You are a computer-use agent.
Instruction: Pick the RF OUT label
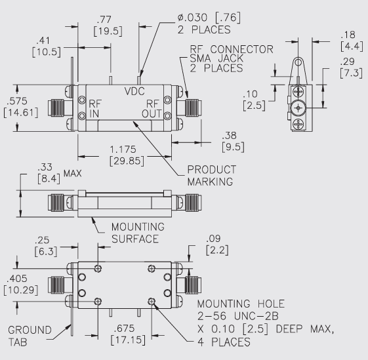(152, 108)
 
